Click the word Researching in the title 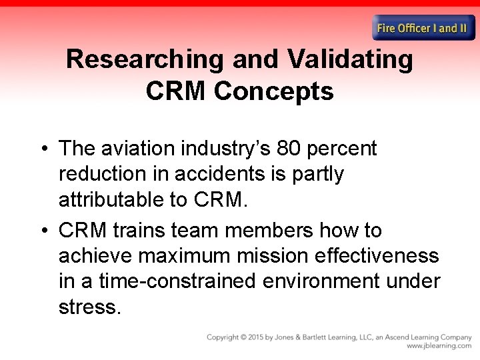click(145, 60)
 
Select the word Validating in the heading click(351, 60)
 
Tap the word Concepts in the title click(273, 91)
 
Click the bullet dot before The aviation click(45, 149)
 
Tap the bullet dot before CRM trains click(45, 231)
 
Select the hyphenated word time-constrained click(177, 281)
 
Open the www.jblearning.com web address click(439, 346)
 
